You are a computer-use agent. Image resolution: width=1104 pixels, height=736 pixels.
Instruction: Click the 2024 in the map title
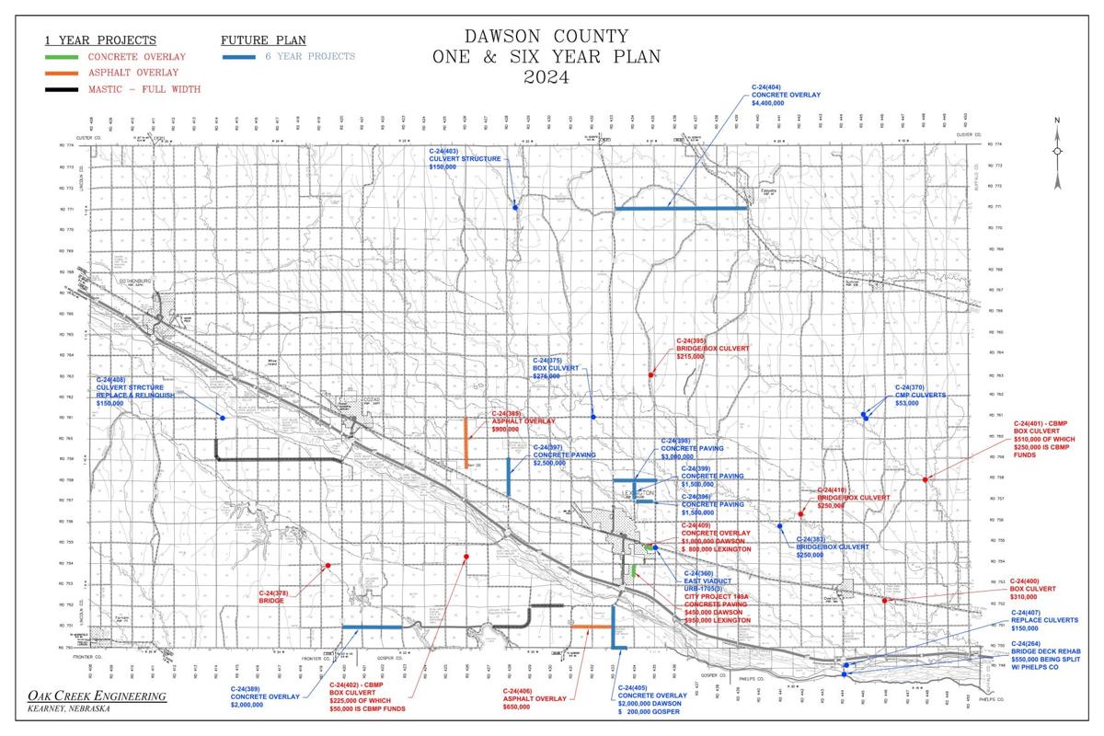click(x=546, y=77)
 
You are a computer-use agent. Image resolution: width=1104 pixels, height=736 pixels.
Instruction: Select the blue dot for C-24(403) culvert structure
click(x=516, y=207)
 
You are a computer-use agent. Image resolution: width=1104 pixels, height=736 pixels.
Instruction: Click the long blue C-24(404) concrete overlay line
click(x=681, y=209)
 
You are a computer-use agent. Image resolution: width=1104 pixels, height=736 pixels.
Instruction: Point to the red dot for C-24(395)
click(x=650, y=374)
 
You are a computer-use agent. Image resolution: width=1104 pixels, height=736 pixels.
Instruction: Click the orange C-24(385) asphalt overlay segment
click(x=466, y=443)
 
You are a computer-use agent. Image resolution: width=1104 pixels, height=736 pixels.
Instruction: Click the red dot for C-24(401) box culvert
click(x=926, y=479)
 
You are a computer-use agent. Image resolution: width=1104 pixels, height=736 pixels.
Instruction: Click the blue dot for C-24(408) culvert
click(x=222, y=418)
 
